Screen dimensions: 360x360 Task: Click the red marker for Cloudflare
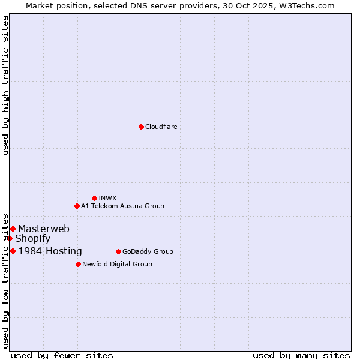(x=141, y=127)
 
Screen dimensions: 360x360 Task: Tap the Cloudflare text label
(x=161, y=127)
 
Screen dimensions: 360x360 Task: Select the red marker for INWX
(x=94, y=198)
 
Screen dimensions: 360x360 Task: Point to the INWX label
(x=107, y=198)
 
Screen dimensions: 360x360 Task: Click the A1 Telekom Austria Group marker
(x=77, y=206)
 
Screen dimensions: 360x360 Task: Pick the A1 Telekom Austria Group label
(x=122, y=206)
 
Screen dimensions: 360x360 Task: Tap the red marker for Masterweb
(x=13, y=229)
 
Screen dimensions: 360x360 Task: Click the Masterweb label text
(x=43, y=229)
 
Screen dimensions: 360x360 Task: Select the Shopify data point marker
(x=10, y=238)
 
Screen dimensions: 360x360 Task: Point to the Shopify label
(x=32, y=239)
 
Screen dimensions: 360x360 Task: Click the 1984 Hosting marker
(x=13, y=251)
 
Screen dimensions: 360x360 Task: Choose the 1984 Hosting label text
(x=50, y=251)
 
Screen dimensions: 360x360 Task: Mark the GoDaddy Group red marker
(x=118, y=251)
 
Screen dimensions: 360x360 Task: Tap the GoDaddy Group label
(x=148, y=251)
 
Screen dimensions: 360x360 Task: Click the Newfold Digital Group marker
(x=78, y=264)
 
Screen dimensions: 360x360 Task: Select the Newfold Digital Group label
(x=117, y=264)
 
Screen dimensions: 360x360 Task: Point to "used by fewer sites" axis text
(x=62, y=355)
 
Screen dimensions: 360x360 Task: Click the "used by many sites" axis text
(x=301, y=355)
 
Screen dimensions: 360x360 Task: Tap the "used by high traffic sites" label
(x=6, y=85)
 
